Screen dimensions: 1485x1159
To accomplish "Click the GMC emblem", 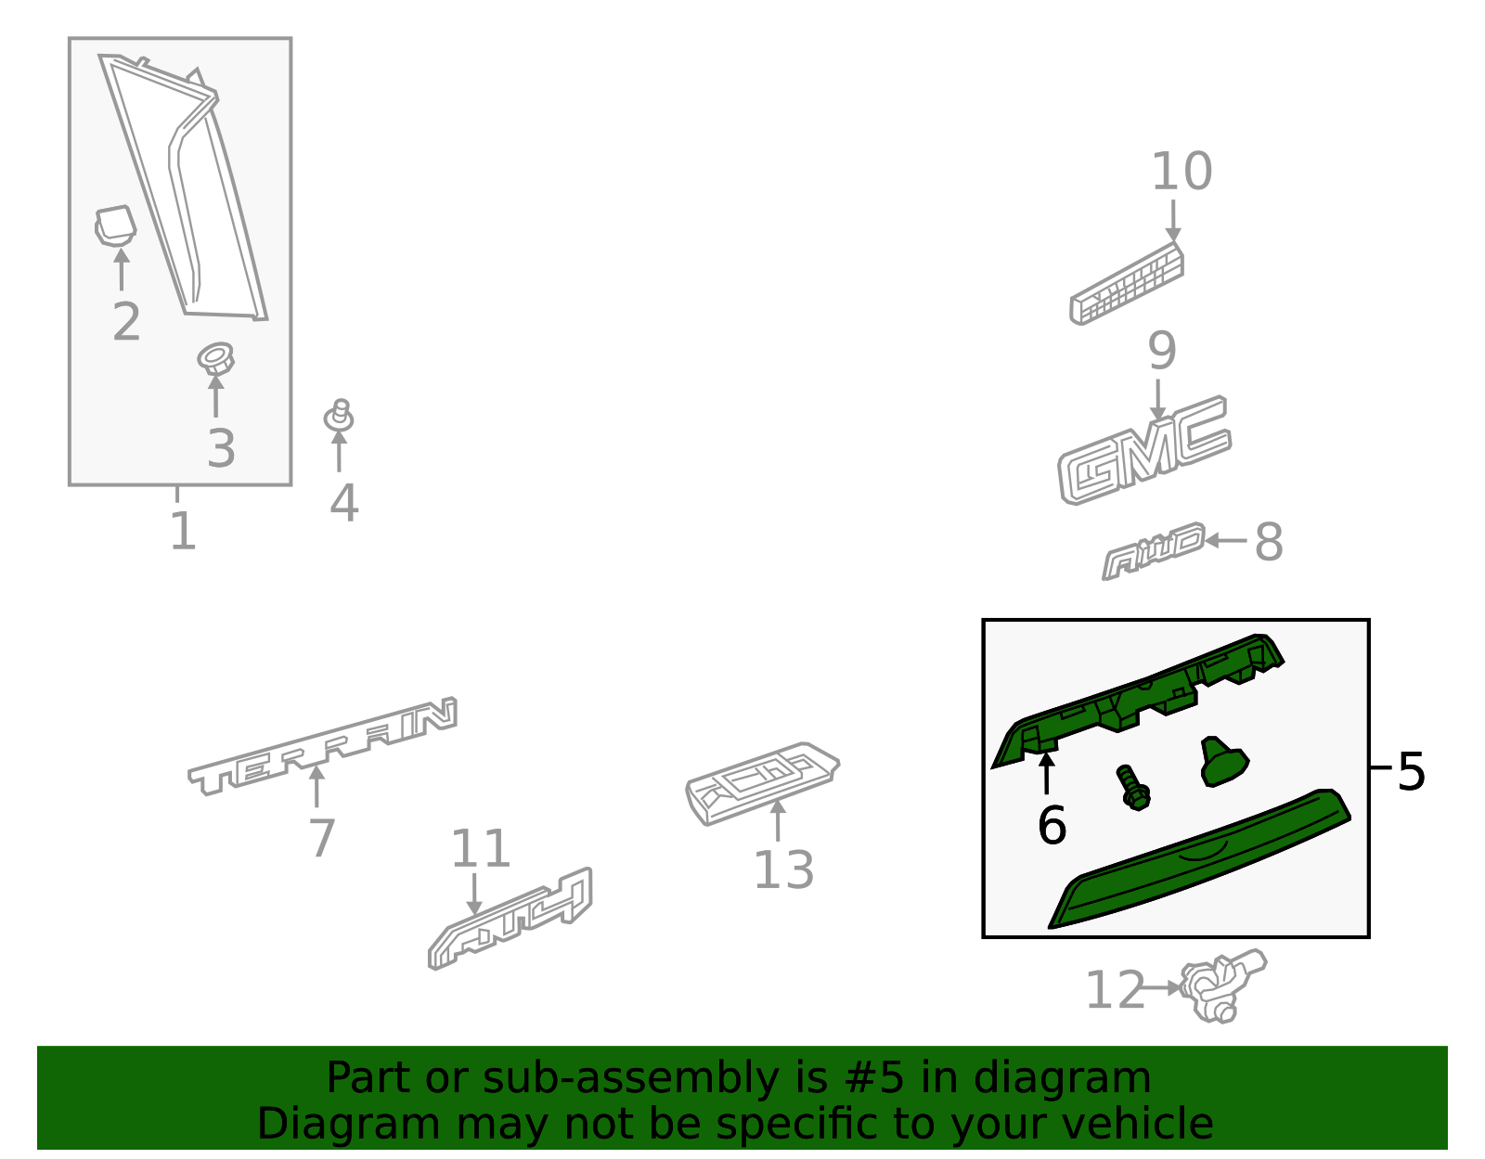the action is (1144, 451).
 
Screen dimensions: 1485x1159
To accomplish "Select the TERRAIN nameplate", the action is (323, 746).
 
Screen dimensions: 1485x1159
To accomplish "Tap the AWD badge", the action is (1153, 551).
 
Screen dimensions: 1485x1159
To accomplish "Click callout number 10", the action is (1182, 172).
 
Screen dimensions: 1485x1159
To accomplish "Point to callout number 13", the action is (783, 870).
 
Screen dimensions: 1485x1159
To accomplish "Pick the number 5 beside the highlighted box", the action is (1411, 772).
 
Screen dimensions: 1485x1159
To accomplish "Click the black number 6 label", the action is (1051, 825).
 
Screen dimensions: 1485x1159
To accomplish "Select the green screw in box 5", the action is (1134, 788).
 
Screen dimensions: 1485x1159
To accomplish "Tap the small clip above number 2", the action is (115, 225).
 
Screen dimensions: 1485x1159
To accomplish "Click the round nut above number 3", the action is (215, 358).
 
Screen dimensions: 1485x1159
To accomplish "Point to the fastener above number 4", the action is (339, 415).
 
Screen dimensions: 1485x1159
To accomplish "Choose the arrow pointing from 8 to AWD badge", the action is (1225, 541).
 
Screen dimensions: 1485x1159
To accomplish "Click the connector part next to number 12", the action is (1223, 985).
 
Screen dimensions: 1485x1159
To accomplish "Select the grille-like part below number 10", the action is (1126, 283).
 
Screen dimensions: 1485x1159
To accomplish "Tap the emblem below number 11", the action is (510, 919).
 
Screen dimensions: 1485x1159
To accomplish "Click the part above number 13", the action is (762, 782).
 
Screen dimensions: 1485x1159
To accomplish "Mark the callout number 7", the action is (322, 838).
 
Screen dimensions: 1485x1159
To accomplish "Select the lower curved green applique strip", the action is (1199, 858).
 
